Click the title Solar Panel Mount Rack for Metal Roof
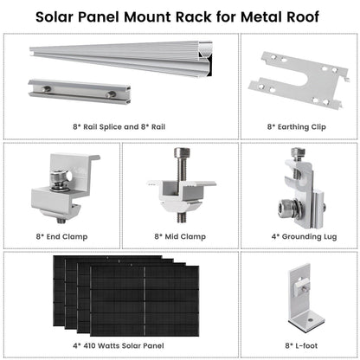[x=179, y=16]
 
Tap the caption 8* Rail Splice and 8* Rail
[x=121, y=126]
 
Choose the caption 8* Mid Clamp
[x=179, y=235]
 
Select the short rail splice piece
[x=73, y=91]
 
